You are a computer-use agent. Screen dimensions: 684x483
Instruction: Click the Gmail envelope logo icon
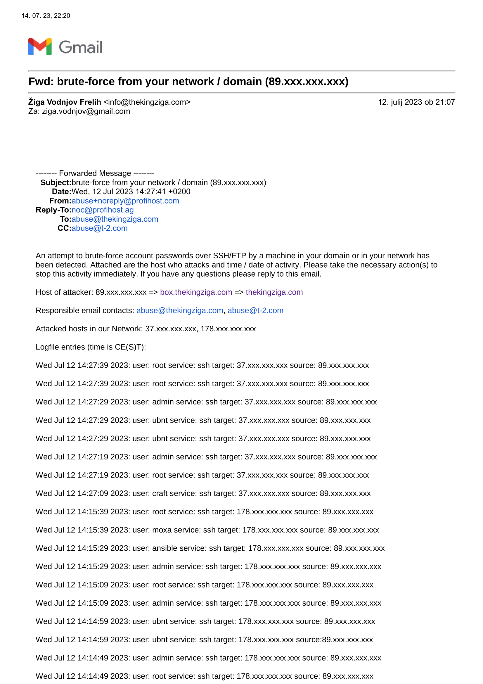(40, 47)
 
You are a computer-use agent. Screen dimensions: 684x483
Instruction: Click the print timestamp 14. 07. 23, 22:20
(46, 16)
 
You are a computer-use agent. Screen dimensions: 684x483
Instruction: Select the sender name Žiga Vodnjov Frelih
(65, 102)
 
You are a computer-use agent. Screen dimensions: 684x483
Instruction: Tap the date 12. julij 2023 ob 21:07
(416, 102)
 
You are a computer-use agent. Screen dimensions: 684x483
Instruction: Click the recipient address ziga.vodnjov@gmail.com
(86, 111)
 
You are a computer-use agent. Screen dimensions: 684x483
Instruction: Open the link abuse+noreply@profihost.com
(125, 201)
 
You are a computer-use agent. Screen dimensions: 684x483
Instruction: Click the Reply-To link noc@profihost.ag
(103, 210)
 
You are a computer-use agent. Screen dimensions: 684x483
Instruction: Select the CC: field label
(64, 228)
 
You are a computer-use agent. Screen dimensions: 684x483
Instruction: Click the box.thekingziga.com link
(196, 292)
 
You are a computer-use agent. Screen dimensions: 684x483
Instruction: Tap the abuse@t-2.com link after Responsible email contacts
(255, 311)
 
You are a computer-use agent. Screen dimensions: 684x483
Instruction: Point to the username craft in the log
(160, 494)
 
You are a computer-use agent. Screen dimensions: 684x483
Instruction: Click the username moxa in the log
(162, 530)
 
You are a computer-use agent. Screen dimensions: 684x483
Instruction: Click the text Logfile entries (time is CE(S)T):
(91, 347)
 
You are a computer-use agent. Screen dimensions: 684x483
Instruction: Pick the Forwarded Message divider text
(95, 173)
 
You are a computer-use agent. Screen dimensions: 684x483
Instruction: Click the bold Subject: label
(56, 182)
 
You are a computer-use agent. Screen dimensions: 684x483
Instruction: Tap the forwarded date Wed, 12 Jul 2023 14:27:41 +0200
(131, 192)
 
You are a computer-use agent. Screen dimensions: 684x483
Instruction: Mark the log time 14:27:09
(93, 494)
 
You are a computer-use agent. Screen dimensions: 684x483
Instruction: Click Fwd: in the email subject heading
(41, 82)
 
